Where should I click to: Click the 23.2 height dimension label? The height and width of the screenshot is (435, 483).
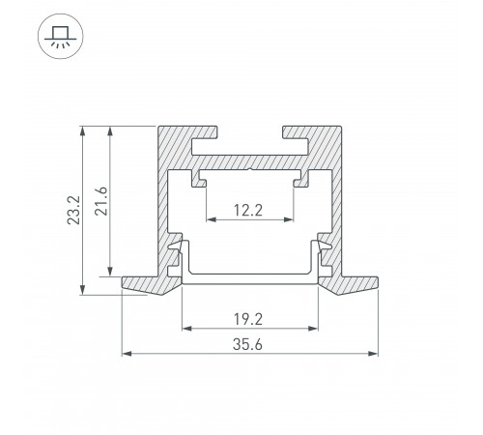[x=73, y=210]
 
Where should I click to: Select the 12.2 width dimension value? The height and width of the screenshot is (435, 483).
[x=248, y=211]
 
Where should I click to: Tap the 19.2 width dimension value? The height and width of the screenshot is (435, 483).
[x=248, y=319]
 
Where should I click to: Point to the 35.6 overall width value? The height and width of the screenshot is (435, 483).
[x=247, y=344]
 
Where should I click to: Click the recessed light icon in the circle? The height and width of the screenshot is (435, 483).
[x=61, y=36]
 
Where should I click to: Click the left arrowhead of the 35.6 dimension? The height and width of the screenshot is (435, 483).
[x=127, y=354]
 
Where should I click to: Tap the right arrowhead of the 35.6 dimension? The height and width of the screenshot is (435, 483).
[x=373, y=354]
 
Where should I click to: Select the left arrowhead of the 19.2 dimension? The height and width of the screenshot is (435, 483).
[x=187, y=329]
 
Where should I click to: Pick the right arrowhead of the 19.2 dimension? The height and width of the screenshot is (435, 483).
[x=313, y=329]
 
